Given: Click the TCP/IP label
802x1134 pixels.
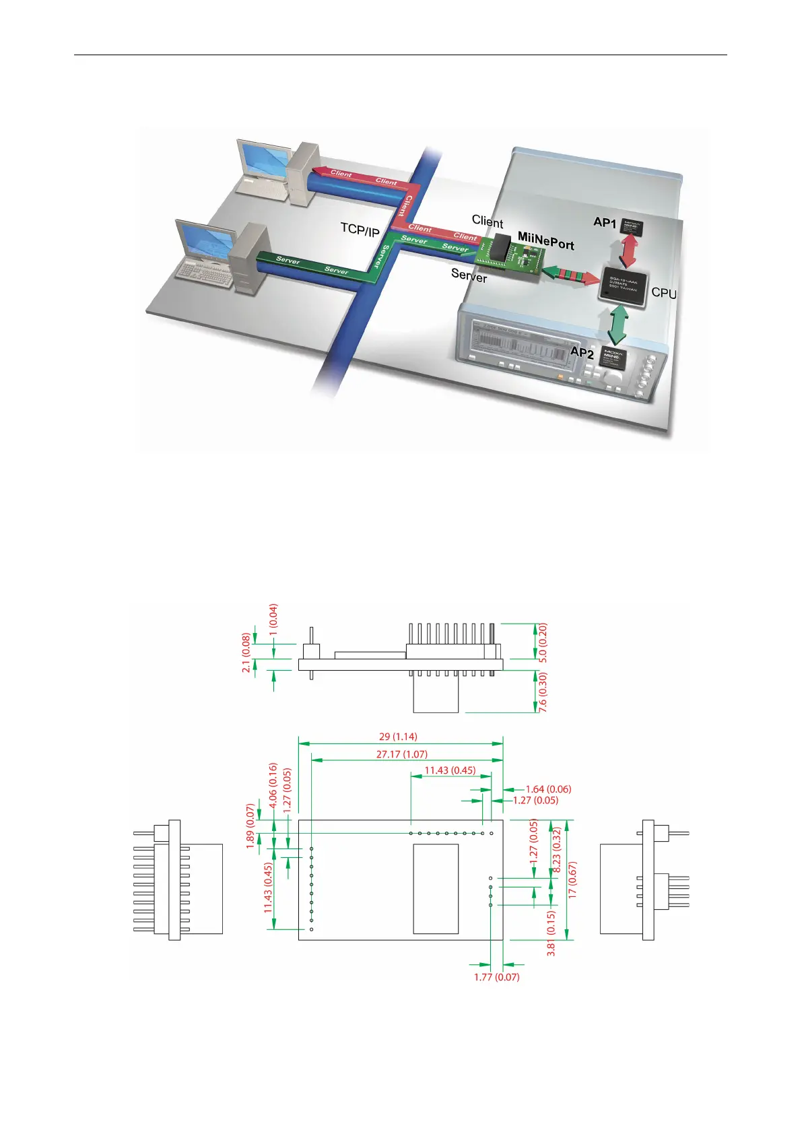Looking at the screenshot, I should click(x=360, y=230).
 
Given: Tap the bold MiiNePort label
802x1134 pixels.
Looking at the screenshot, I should click(x=545, y=240).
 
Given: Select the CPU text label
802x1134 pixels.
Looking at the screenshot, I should click(x=664, y=293).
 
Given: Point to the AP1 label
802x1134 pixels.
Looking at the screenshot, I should click(x=605, y=222).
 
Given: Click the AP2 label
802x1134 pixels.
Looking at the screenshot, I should click(x=582, y=352).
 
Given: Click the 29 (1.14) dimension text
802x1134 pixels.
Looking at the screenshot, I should click(x=398, y=737).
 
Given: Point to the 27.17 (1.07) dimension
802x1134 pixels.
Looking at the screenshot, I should click(x=401, y=754).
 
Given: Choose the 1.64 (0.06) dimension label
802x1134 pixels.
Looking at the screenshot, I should click(x=548, y=789).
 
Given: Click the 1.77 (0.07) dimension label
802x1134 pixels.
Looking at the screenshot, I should click(x=496, y=976).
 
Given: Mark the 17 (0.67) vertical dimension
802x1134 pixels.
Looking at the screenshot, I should click(x=572, y=879).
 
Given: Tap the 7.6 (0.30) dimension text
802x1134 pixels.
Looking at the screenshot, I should click(x=543, y=693).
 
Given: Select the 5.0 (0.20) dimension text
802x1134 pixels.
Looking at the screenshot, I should click(x=543, y=643).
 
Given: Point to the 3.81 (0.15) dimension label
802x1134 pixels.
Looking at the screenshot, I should click(x=552, y=933).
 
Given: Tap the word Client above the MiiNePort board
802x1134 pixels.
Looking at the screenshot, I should click(x=487, y=222).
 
